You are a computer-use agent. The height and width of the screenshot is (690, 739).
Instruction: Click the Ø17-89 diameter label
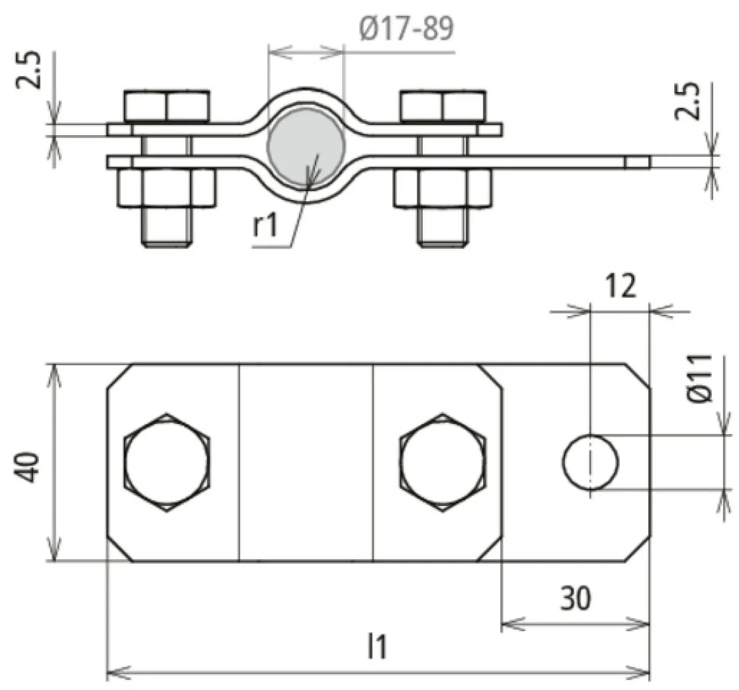coord(407,29)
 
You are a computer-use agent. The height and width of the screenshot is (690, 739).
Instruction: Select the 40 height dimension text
coord(27,467)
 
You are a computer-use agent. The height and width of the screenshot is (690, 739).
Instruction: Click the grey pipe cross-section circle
coord(306,147)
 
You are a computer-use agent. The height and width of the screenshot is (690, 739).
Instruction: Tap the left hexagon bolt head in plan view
coord(167,462)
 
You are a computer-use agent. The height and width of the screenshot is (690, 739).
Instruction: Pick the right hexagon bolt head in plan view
coord(442,462)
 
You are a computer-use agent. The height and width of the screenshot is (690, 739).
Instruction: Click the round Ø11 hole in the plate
coord(590,462)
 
